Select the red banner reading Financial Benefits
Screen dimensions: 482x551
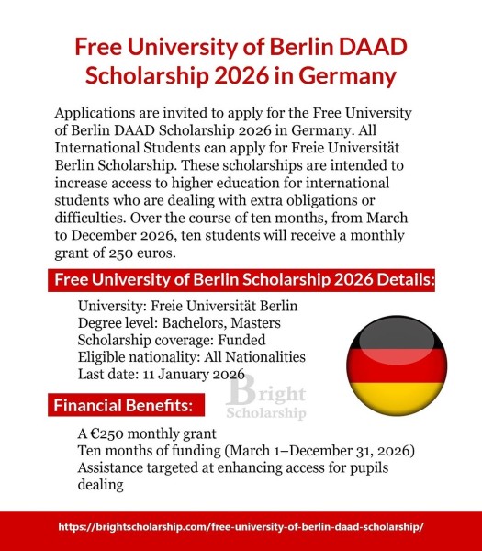122,405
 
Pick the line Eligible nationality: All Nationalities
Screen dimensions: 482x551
192,357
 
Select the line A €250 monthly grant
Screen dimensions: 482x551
147,433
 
